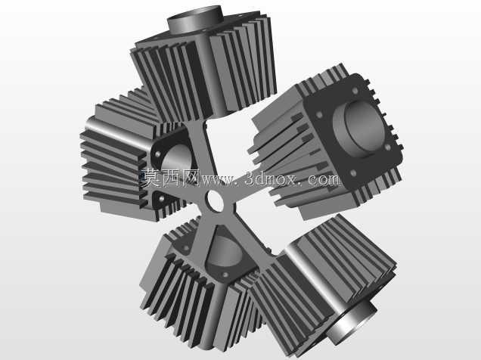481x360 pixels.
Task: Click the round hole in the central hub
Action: [216, 201]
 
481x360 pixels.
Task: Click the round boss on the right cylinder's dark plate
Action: [359, 128]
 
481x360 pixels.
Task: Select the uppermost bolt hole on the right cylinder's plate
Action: [355, 91]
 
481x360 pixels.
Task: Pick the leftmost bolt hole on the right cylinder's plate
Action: [319, 115]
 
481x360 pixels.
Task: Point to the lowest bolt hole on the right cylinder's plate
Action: [353, 173]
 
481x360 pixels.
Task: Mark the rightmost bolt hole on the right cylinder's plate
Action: [388, 147]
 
